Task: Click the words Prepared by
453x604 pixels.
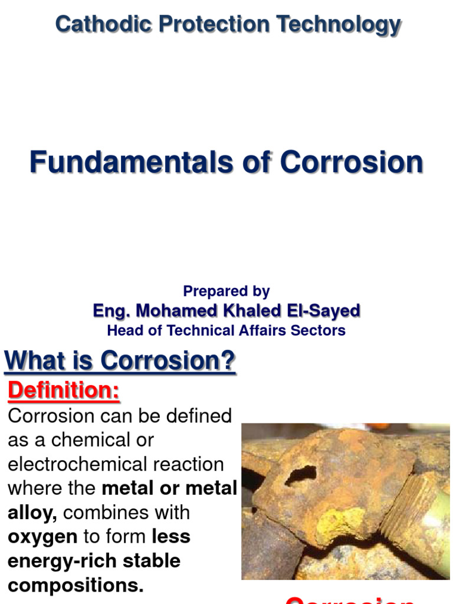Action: (226, 291)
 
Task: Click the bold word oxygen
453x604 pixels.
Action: (42, 536)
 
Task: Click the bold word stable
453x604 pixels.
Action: (151, 560)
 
